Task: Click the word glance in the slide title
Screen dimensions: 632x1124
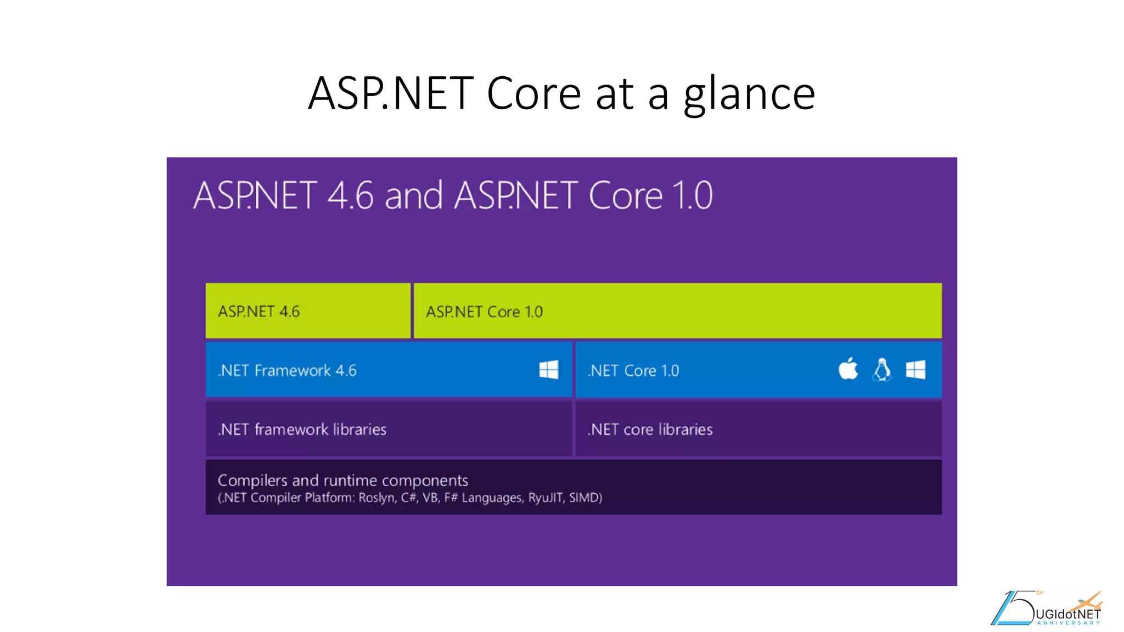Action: point(749,94)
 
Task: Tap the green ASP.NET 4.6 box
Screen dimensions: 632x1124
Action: point(307,311)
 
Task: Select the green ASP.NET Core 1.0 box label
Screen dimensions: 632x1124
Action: point(484,312)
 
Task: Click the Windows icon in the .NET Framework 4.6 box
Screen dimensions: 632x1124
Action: point(548,370)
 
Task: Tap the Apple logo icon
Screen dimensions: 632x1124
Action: point(848,369)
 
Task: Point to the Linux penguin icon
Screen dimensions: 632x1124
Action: point(882,370)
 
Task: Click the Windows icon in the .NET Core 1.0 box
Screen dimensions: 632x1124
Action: point(915,370)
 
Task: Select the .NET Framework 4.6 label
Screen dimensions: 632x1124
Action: point(287,371)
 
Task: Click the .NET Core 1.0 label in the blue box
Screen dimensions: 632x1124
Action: point(633,371)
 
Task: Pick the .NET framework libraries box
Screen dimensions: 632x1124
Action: point(388,429)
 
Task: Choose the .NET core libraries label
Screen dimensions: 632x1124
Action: point(650,430)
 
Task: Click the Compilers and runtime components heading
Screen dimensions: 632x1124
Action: point(342,481)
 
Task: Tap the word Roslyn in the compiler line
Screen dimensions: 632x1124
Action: point(376,498)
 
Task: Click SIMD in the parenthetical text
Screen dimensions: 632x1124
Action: point(585,498)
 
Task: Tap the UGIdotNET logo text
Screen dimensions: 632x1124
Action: point(1067,614)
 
